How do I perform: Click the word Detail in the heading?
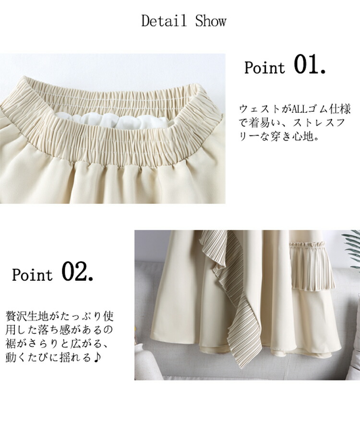[x=164, y=21]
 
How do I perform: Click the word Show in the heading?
[x=211, y=21]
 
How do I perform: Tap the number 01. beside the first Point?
[x=310, y=65]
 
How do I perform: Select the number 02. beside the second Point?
[x=77, y=272]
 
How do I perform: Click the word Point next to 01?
[x=264, y=68]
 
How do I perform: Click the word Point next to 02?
[x=32, y=274]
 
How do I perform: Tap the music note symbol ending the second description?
[x=97, y=357]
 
